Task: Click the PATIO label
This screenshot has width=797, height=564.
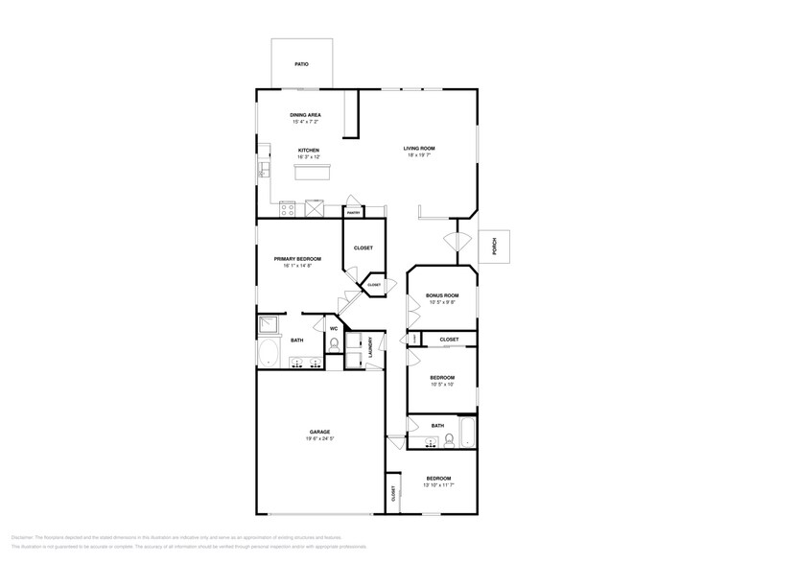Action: pyautogui.click(x=301, y=64)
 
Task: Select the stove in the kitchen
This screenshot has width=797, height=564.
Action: pyautogui.click(x=315, y=207)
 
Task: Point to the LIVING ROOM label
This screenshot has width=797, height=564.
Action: pyautogui.click(x=419, y=148)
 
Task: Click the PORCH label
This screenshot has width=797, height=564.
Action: pyautogui.click(x=495, y=248)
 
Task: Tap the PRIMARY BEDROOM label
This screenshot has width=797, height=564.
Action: pyautogui.click(x=296, y=259)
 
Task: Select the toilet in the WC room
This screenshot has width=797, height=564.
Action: pyautogui.click(x=334, y=342)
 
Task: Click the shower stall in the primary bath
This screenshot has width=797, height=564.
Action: pyautogui.click(x=268, y=324)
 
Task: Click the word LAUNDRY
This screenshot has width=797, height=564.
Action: pyautogui.click(x=370, y=348)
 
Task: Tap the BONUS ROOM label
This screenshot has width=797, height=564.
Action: pyautogui.click(x=442, y=295)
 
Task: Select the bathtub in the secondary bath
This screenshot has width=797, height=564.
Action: pyautogui.click(x=467, y=433)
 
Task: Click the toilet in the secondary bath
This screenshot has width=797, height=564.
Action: pyautogui.click(x=449, y=441)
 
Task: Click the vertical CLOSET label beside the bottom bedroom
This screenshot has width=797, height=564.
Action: pyautogui.click(x=393, y=493)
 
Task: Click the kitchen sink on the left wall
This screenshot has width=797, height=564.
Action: pyautogui.click(x=261, y=172)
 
